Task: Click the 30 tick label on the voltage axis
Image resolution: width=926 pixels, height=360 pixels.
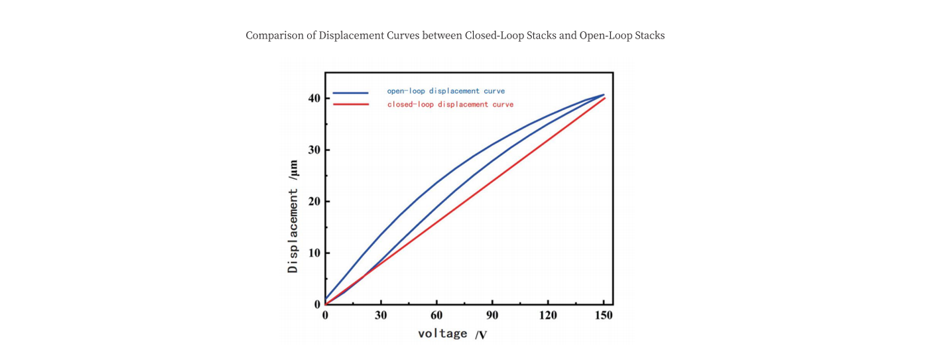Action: [381, 316]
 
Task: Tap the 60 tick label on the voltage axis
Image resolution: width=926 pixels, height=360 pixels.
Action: [436, 316]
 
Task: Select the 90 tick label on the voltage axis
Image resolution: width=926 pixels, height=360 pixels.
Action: [492, 316]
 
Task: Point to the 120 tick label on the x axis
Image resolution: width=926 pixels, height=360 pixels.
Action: [548, 316]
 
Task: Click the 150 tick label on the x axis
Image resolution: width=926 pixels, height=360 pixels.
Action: [604, 316]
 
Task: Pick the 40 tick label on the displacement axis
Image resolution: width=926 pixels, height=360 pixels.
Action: [314, 99]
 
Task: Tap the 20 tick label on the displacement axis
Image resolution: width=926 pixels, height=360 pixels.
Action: [314, 202]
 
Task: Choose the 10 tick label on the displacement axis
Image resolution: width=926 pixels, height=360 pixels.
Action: [314, 253]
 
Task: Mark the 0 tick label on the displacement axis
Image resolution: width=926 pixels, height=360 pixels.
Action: [317, 305]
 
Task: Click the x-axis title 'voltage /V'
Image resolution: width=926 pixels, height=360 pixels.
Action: [452, 333]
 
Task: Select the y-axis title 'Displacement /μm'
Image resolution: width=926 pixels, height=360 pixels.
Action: [293, 216]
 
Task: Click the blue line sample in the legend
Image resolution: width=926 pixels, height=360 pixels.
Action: [350, 93]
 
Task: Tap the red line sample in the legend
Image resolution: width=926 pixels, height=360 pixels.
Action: [350, 105]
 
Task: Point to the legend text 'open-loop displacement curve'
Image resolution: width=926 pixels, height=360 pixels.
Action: [446, 91]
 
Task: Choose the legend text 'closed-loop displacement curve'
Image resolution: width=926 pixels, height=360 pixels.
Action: [450, 104]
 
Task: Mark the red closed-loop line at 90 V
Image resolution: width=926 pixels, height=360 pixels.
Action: [492, 180]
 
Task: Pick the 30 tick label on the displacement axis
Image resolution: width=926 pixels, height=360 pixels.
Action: [314, 150]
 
